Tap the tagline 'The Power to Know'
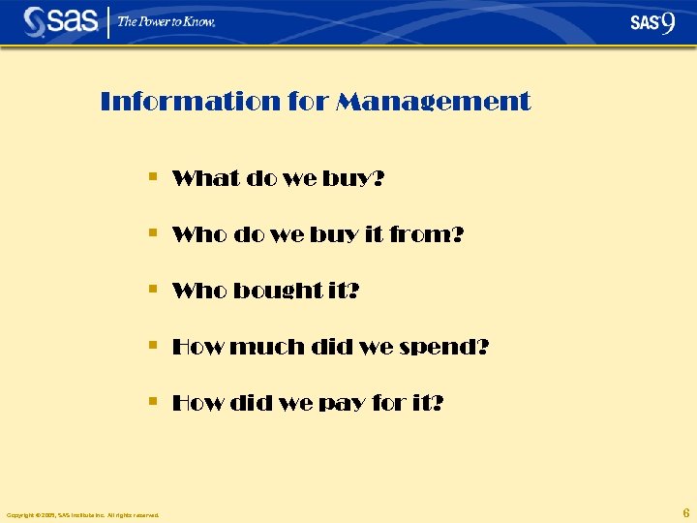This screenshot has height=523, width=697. pyautogui.click(x=167, y=21)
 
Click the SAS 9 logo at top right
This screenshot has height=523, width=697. pyautogui.click(x=652, y=22)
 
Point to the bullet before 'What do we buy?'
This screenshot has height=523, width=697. pyautogui.click(x=153, y=177)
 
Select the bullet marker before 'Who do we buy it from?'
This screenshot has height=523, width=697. pyautogui.click(x=153, y=233)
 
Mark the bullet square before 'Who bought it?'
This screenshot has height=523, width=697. pyautogui.click(x=153, y=290)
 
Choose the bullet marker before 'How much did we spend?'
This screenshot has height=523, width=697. pyautogui.click(x=153, y=345)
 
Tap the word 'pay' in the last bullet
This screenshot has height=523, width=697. pyautogui.click(x=352, y=403)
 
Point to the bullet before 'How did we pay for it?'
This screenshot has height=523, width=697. pyautogui.click(x=153, y=401)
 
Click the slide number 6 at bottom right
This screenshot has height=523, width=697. pyautogui.click(x=686, y=512)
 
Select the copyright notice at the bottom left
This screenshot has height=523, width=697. pyautogui.click(x=83, y=514)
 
